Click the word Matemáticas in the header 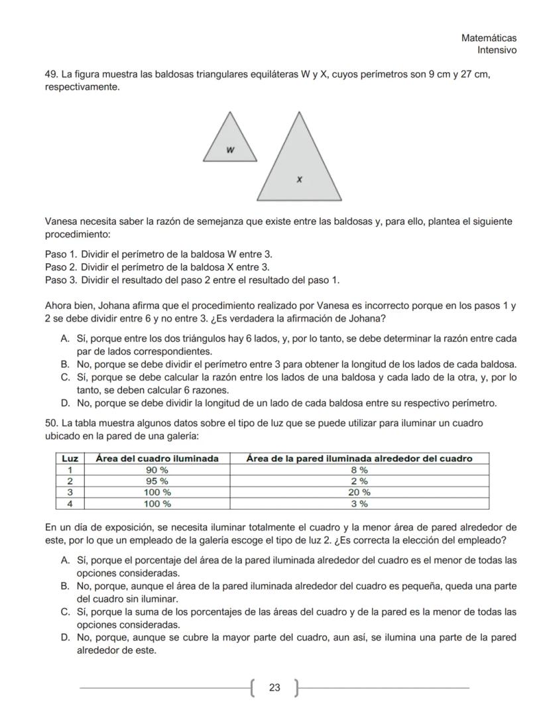[489, 38]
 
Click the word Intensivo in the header [497, 50]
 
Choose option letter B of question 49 [65, 365]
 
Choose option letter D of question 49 [65, 403]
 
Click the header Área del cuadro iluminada [157, 458]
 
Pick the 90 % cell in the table [157, 469]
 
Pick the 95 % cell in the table [157, 481]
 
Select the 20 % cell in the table [359, 492]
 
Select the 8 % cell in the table [359, 469]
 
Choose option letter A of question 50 [65, 560]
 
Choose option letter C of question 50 [65, 612]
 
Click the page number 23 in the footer [274, 688]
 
